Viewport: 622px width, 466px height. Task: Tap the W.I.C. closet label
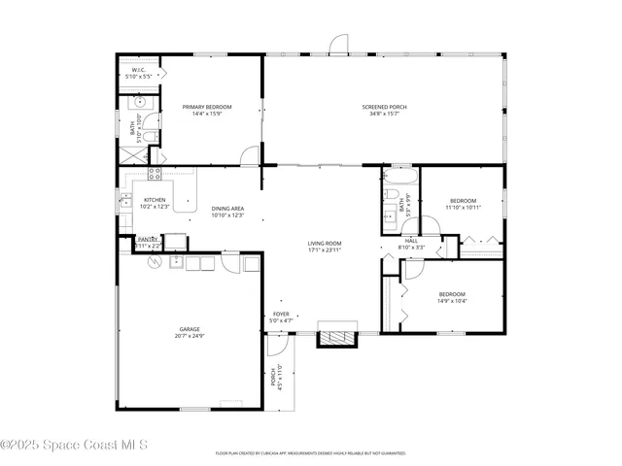tap(139, 69)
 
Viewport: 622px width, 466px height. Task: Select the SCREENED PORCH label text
tap(384, 107)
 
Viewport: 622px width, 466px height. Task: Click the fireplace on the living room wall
tap(339, 338)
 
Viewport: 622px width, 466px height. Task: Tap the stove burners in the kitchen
tap(154, 174)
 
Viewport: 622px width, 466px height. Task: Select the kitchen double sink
tap(124, 201)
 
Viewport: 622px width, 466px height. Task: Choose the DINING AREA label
tap(226, 209)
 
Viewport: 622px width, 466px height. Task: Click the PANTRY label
tap(148, 239)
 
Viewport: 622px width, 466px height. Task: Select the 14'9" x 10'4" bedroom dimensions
tap(451, 301)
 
